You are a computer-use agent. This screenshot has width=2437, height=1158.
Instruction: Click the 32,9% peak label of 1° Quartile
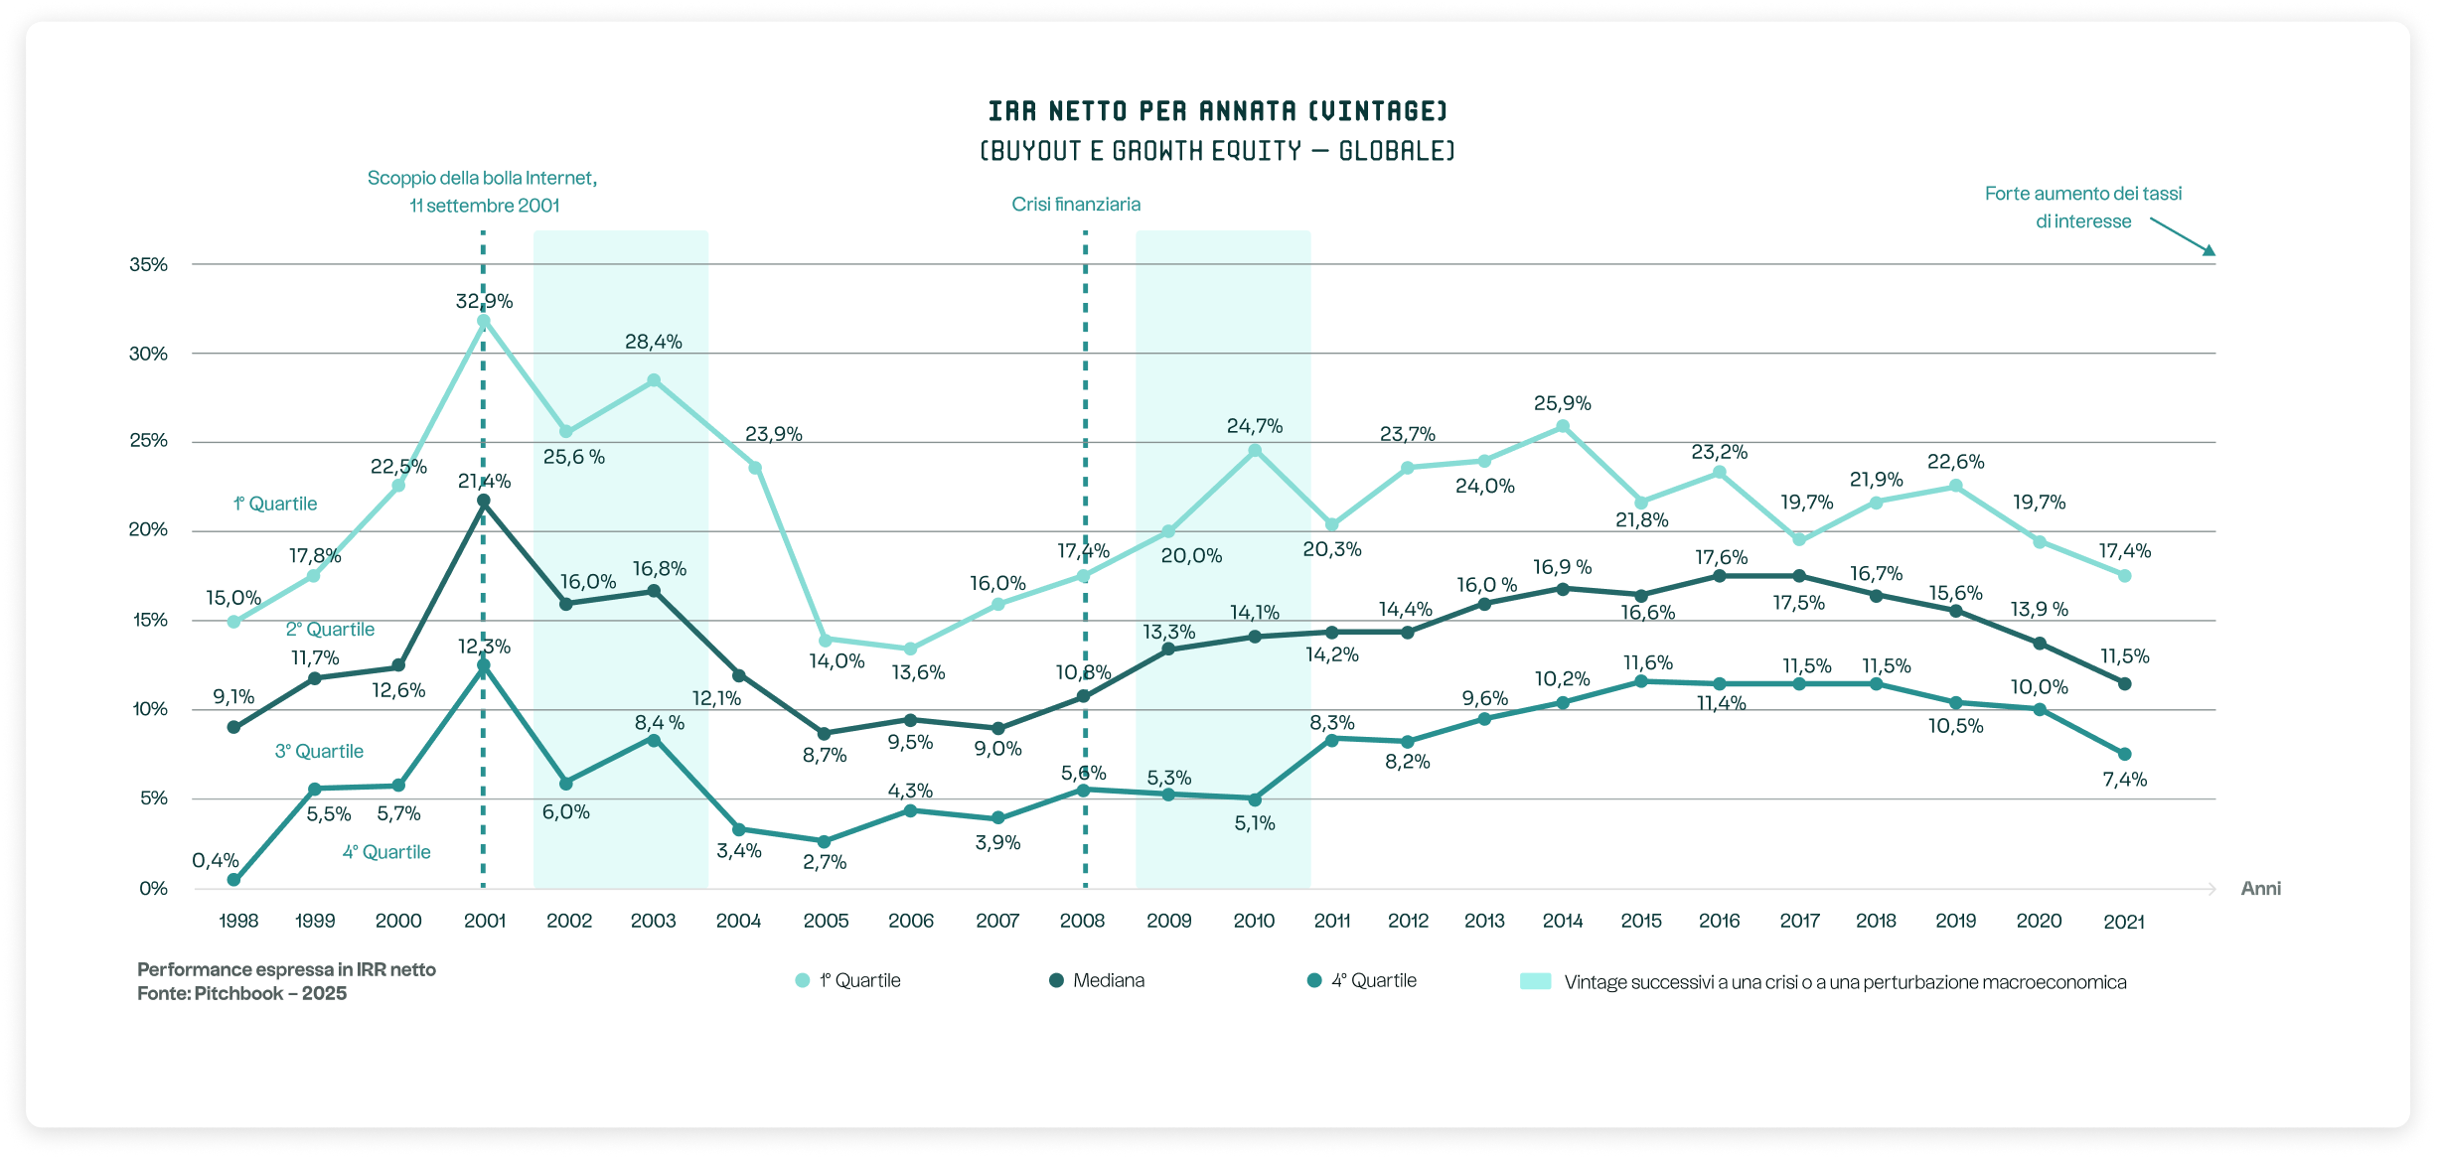tap(484, 301)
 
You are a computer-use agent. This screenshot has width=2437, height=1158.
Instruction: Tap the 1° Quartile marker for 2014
tap(1562, 427)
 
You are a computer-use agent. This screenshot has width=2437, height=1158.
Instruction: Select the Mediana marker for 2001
tap(484, 502)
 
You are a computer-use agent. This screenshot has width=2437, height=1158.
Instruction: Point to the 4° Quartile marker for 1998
tap(233, 880)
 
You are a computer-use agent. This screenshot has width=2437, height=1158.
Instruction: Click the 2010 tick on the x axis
tap(1254, 921)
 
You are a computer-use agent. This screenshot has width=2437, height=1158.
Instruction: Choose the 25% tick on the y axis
tap(148, 441)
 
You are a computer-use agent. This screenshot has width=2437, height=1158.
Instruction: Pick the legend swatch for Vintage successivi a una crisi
tap(1535, 982)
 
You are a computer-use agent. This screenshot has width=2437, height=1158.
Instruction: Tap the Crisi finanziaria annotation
tap(1076, 205)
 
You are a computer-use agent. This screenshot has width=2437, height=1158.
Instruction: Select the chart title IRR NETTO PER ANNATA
tap(1217, 110)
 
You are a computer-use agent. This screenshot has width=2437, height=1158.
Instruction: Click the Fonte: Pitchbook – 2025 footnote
tap(241, 994)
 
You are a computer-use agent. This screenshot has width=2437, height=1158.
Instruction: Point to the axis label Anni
tap(2260, 889)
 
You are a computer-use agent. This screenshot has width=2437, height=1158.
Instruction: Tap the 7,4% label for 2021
tap(2124, 781)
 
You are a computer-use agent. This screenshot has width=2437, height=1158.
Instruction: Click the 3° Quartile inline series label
tap(319, 752)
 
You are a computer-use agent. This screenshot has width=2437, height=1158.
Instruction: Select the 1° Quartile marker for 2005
tap(825, 641)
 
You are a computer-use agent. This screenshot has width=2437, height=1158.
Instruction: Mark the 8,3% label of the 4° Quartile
tap(1331, 723)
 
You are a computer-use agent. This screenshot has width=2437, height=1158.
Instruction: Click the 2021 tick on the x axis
tap(2124, 922)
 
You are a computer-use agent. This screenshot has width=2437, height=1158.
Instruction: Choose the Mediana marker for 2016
tap(1719, 576)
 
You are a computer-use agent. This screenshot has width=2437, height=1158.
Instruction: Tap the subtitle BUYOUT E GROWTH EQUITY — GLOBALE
tap(1217, 151)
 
